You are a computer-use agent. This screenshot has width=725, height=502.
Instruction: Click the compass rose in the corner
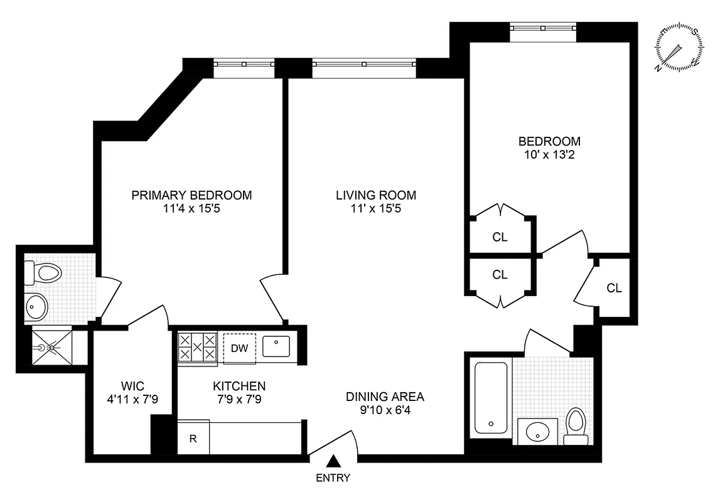[679, 48]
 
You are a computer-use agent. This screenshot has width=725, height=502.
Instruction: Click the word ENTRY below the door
[334, 478]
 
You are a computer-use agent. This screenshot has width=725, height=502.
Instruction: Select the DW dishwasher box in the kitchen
[239, 348]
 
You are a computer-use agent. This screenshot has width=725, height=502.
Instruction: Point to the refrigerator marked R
[193, 438]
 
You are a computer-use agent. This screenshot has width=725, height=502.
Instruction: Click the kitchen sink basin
[276, 346]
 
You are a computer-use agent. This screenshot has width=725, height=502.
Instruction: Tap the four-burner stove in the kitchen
[197, 348]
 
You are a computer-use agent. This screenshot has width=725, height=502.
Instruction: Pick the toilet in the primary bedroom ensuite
[44, 273]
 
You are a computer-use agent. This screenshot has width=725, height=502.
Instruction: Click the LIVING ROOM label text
[375, 195]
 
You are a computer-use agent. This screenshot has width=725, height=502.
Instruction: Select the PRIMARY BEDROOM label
[191, 195]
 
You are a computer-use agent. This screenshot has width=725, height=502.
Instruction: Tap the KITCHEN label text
[239, 386]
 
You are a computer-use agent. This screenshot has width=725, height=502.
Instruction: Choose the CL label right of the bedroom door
[614, 288]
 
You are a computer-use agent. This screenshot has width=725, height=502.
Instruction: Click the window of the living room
[364, 64]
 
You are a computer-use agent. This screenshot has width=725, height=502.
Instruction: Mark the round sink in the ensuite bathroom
[36, 307]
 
